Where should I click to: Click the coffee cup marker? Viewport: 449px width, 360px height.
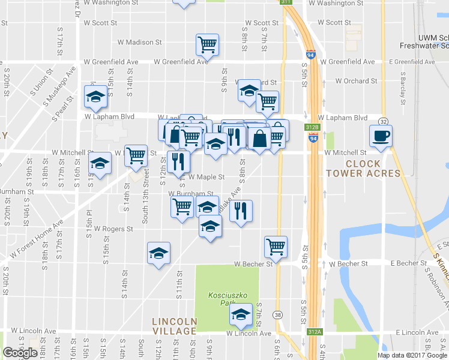click(x=381, y=136)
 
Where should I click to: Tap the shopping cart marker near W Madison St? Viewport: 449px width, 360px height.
click(x=207, y=44)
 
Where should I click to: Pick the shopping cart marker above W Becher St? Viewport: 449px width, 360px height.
click(x=276, y=245)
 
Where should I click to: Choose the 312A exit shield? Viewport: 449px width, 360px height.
click(x=312, y=332)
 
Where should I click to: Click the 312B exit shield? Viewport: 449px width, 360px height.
click(x=312, y=127)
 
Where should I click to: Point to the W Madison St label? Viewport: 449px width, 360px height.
click(x=140, y=43)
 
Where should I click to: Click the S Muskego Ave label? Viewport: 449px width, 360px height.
click(x=64, y=94)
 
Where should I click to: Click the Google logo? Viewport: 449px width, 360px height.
click(x=20, y=353)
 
